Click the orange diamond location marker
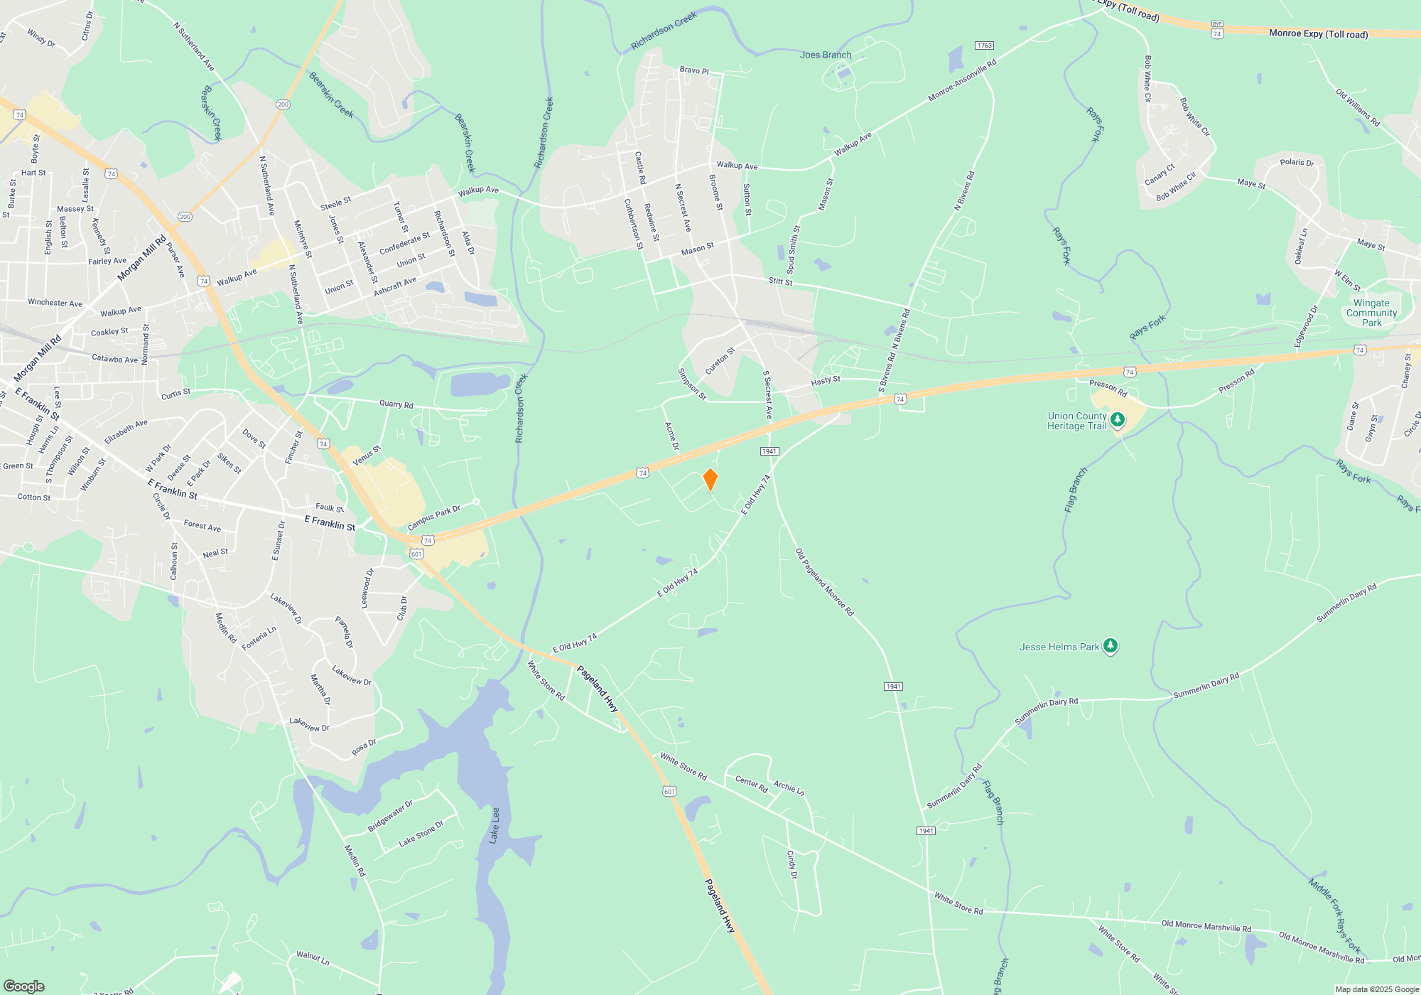click(x=710, y=480)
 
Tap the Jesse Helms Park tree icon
click(x=1111, y=646)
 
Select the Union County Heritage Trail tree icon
click(x=1118, y=420)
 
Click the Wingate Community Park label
click(x=1371, y=313)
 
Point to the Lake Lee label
click(x=495, y=825)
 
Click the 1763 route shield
click(x=984, y=45)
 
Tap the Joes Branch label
click(x=825, y=55)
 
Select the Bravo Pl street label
click(x=694, y=70)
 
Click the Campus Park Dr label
click(x=434, y=517)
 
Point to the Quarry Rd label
click(x=396, y=404)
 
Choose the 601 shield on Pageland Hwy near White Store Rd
click(x=669, y=791)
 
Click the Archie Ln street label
click(x=789, y=787)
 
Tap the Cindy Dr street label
click(x=791, y=864)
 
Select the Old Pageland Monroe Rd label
click(x=824, y=581)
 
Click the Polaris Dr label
click(x=1297, y=162)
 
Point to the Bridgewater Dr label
click(x=390, y=817)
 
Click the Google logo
click(x=23, y=986)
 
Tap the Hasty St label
click(x=826, y=381)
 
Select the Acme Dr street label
click(x=671, y=436)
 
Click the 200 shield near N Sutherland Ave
click(x=283, y=104)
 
